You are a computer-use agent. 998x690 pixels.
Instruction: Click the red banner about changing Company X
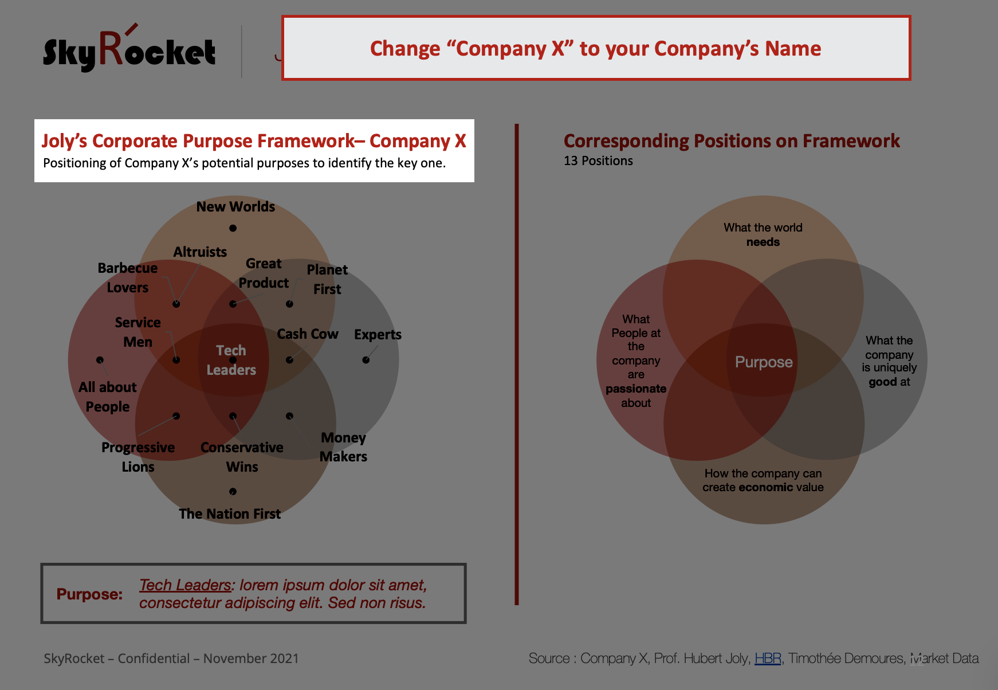click(596, 48)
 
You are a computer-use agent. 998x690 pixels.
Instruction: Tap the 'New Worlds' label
click(235, 207)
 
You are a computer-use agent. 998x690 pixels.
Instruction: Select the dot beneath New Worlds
click(233, 228)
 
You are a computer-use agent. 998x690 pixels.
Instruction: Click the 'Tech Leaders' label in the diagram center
click(231, 360)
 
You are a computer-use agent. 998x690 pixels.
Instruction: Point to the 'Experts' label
click(378, 335)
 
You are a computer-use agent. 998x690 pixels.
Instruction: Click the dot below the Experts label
click(366, 360)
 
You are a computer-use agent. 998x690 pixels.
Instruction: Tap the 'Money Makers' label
click(343, 447)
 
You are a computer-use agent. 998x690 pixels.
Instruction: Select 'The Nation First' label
click(230, 514)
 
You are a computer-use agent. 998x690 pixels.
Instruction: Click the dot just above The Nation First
click(233, 492)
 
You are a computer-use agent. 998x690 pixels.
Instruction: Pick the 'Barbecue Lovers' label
click(128, 278)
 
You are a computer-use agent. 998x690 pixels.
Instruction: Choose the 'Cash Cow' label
click(308, 334)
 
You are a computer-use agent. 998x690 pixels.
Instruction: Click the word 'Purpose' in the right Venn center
click(764, 362)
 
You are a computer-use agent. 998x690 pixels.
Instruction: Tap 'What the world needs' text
click(763, 235)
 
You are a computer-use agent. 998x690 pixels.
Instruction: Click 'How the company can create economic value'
click(763, 480)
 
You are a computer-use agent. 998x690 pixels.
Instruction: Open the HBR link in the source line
click(768, 658)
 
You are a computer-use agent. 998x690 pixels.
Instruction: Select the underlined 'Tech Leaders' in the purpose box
click(185, 585)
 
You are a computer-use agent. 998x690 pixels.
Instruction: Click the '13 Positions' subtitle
click(598, 161)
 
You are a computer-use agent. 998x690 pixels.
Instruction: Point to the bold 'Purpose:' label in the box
click(89, 594)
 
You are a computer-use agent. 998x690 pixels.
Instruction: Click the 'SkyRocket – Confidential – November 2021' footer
click(171, 658)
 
